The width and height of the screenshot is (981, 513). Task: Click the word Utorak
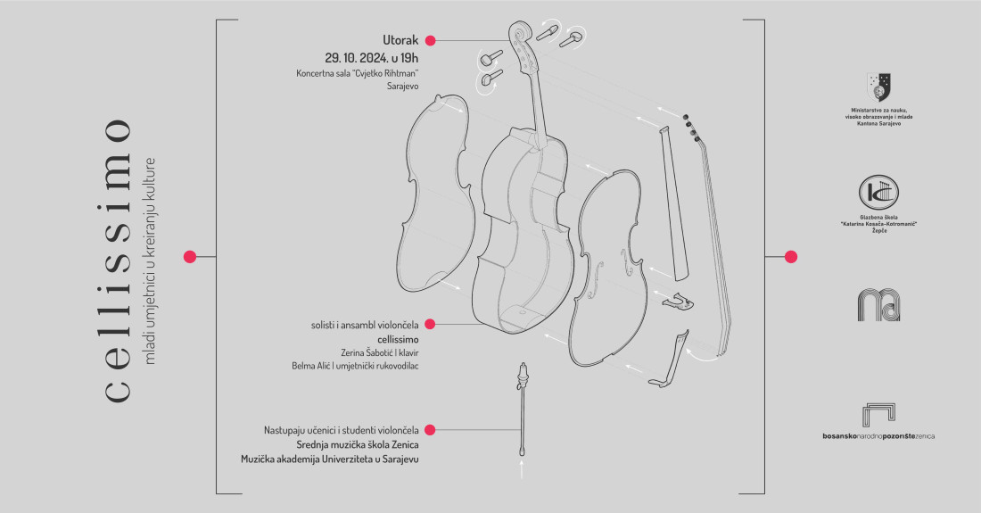(x=400, y=40)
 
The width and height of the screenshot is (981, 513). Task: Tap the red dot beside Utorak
(x=430, y=40)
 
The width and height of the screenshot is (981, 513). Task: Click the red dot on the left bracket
(x=189, y=257)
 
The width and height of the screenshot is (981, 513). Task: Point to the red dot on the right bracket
(x=790, y=257)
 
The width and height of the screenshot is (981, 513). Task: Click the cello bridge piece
(x=678, y=303)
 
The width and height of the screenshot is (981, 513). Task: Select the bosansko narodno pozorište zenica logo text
(x=878, y=436)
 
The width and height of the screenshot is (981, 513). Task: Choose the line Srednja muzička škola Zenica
(x=358, y=444)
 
